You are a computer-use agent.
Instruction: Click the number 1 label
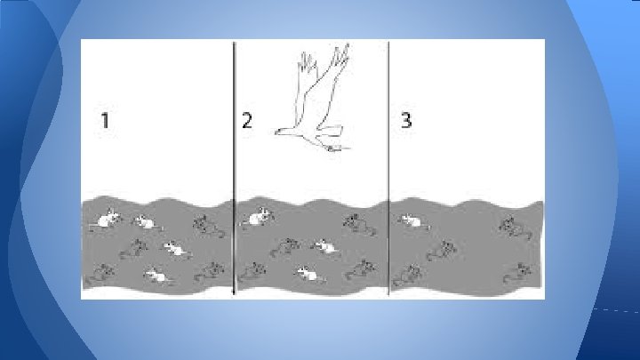[105, 120]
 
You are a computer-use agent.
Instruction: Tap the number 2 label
[247, 120]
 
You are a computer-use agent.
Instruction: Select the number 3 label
[406, 120]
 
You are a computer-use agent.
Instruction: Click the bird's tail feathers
[330, 131]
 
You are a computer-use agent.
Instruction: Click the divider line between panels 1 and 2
[234, 167]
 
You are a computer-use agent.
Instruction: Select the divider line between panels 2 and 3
[388, 167]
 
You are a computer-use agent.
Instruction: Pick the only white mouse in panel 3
[413, 221]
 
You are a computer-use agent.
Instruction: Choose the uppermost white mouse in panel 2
[258, 217]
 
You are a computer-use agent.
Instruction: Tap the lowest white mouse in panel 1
[157, 276]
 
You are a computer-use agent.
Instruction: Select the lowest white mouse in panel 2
[308, 274]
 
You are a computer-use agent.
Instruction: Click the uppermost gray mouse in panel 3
[514, 228]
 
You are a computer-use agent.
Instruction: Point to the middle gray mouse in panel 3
[442, 250]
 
